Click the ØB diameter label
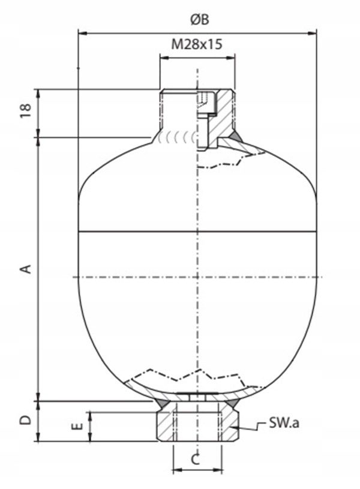click(200, 19)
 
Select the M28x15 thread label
click(197, 44)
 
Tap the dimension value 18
click(26, 110)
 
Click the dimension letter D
click(26, 420)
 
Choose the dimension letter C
click(195, 460)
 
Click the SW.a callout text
click(284, 423)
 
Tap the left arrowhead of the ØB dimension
click(82, 32)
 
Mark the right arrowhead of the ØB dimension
click(312, 32)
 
